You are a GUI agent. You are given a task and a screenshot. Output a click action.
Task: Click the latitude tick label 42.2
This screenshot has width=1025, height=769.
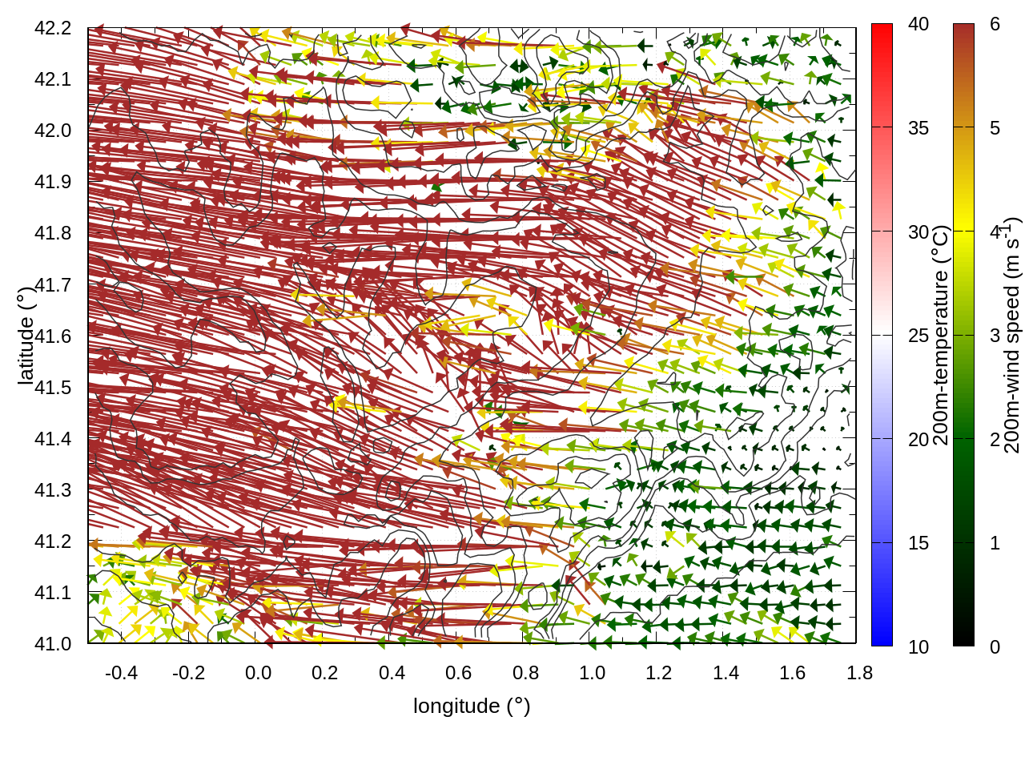tap(53, 28)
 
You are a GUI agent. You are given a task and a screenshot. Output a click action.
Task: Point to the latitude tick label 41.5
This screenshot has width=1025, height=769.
tap(53, 388)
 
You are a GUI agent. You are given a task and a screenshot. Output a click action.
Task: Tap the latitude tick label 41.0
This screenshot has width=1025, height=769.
tap(53, 644)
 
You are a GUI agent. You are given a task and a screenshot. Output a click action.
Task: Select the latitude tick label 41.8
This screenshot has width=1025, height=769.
tap(53, 233)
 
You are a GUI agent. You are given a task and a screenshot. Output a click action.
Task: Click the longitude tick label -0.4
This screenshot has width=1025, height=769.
tap(121, 673)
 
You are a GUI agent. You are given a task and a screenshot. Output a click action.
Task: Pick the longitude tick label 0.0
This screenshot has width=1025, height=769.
tap(258, 673)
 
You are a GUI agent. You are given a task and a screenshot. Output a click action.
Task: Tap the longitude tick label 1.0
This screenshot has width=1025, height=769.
tap(592, 673)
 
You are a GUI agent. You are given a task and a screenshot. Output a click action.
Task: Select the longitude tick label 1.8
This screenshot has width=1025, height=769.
tap(859, 673)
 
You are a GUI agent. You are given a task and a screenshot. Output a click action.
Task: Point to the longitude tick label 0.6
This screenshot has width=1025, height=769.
tap(458, 673)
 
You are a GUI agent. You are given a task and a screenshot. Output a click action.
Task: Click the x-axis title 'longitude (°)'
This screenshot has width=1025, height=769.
tap(472, 706)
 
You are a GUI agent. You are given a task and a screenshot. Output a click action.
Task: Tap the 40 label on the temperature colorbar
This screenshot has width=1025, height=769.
tap(918, 25)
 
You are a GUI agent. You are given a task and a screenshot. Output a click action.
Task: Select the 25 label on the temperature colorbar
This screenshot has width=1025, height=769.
tap(918, 336)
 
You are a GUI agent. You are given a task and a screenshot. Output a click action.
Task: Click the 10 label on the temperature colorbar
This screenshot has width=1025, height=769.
tap(918, 646)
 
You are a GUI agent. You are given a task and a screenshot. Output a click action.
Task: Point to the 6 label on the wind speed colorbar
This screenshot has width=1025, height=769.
tap(995, 25)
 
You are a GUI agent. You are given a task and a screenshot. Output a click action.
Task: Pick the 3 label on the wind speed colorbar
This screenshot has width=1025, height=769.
tap(995, 336)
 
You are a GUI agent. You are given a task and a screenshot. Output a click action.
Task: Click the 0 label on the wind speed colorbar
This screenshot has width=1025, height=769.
tap(995, 646)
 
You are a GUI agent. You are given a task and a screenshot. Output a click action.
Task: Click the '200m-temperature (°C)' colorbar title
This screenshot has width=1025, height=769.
tap(941, 335)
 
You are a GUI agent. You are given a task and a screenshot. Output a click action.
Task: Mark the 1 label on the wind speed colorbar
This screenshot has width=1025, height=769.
tap(995, 543)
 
